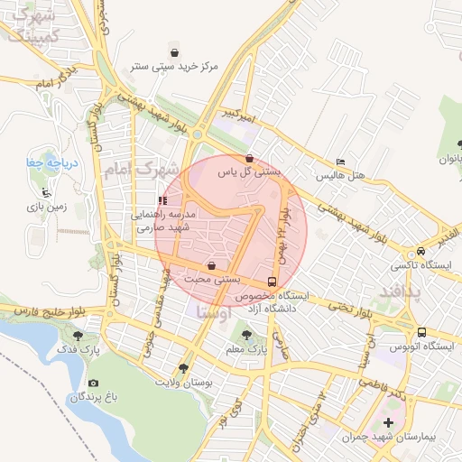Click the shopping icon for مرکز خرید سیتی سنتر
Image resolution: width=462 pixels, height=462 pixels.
tap(174, 52)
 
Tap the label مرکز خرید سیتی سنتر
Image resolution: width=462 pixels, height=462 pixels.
tap(174, 67)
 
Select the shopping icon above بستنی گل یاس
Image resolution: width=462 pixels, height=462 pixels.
tap(249, 158)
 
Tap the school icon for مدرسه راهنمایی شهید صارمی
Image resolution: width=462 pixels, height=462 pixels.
tap(162, 201)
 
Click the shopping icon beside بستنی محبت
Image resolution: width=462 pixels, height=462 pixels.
tap(211, 266)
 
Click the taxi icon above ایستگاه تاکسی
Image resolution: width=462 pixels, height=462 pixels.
tap(421, 252)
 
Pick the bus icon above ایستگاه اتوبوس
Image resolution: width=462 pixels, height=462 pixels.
tap(421, 331)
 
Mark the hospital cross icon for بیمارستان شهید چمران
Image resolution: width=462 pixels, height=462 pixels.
tap(389, 422)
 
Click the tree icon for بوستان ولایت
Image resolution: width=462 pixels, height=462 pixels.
tap(184, 368)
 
